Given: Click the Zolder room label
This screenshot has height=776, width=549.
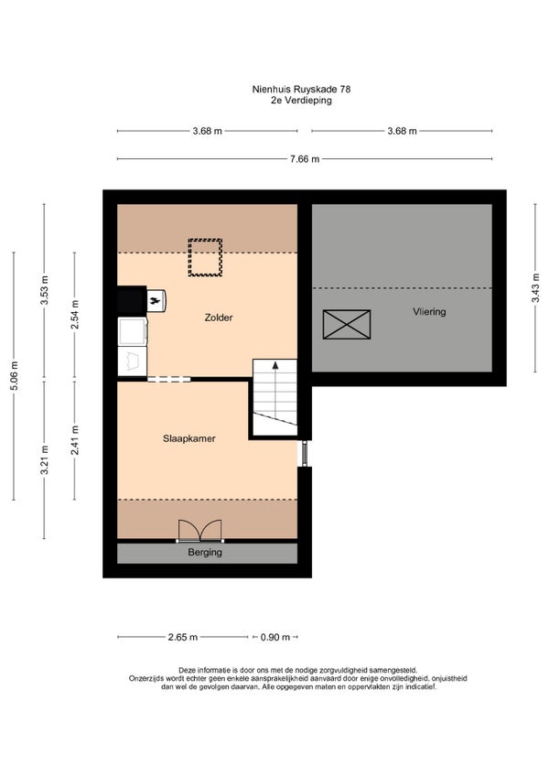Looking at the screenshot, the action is tap(219, 318).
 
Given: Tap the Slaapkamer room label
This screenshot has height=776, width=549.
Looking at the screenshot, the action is tap(189, 438).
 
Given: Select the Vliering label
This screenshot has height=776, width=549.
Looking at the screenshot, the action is tap(429, 312).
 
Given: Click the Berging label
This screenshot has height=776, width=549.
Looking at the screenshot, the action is tap(205, 553).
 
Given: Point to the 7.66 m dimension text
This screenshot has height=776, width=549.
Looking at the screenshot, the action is tap(305, 159).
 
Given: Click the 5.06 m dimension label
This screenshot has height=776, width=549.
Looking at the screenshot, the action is tap(15, 375).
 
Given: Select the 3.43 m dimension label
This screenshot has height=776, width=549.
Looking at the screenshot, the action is tap(535, 288).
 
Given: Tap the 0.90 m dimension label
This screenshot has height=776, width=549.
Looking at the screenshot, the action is tap(275, 637).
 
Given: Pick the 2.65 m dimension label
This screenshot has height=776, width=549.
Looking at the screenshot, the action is tap(183, 637).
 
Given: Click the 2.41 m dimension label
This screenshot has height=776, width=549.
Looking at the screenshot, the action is tap(75, 440).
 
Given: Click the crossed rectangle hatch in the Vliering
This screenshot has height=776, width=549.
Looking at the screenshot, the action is tap(347, 324).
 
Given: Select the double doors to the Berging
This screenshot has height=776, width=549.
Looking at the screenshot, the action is tap(200, 531).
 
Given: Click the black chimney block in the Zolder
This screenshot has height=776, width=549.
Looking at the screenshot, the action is tap(132, 300).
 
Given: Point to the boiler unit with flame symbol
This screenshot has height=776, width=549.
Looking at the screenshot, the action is tap(156, 301).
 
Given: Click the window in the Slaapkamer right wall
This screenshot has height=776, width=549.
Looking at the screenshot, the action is tap(305, 453).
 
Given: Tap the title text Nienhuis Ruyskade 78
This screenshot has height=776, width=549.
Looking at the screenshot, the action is tap(301, 89).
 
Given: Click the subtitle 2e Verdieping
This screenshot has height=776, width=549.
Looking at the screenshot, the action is tap(301, 100).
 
